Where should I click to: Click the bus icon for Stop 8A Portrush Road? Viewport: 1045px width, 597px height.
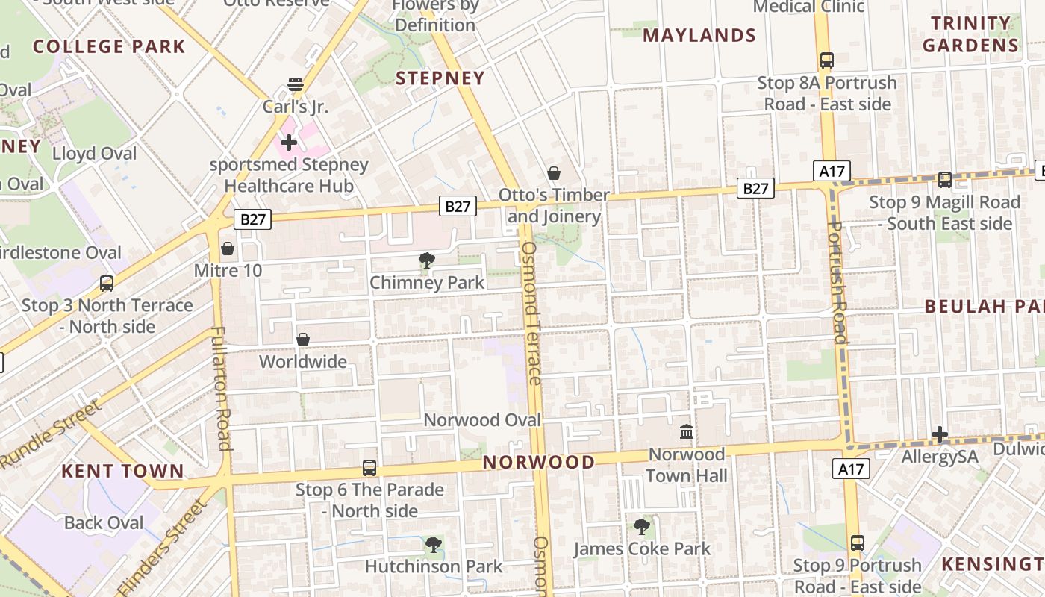click(x=826, y=60)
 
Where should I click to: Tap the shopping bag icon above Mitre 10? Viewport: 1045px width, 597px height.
click(x=228, y=249)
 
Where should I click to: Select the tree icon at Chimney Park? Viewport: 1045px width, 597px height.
click(x=427, y=260)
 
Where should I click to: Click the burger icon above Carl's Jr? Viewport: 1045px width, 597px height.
click(x=296, y=84)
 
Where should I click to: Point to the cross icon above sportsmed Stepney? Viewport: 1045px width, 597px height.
click(x=289, y=142)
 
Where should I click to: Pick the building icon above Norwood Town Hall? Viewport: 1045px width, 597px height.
click(x=687, y=431)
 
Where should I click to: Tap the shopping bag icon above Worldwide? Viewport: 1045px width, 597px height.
click(x=303, y=340)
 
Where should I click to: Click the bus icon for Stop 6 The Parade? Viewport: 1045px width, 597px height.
click(x=369, y=468)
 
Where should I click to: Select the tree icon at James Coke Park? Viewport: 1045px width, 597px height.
click(x=642, y=527)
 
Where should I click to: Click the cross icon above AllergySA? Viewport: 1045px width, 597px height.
click(x=940, y=434)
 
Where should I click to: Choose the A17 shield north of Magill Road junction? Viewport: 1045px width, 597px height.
click(x=832, y=172)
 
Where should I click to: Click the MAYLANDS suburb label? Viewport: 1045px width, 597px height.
click(x=699, y=35)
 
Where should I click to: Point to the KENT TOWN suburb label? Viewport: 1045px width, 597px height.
click(x=122, y=471)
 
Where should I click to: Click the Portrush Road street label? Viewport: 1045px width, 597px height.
click(x=838, y=282)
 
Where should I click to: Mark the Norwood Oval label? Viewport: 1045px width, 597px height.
click(x=482, y=420)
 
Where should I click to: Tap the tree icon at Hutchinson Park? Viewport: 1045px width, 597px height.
click(x=434, y=545)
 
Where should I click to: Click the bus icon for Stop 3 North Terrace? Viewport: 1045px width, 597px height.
click(x=107, y=284)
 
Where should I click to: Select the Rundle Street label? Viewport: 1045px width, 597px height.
click(x=51, y=434)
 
